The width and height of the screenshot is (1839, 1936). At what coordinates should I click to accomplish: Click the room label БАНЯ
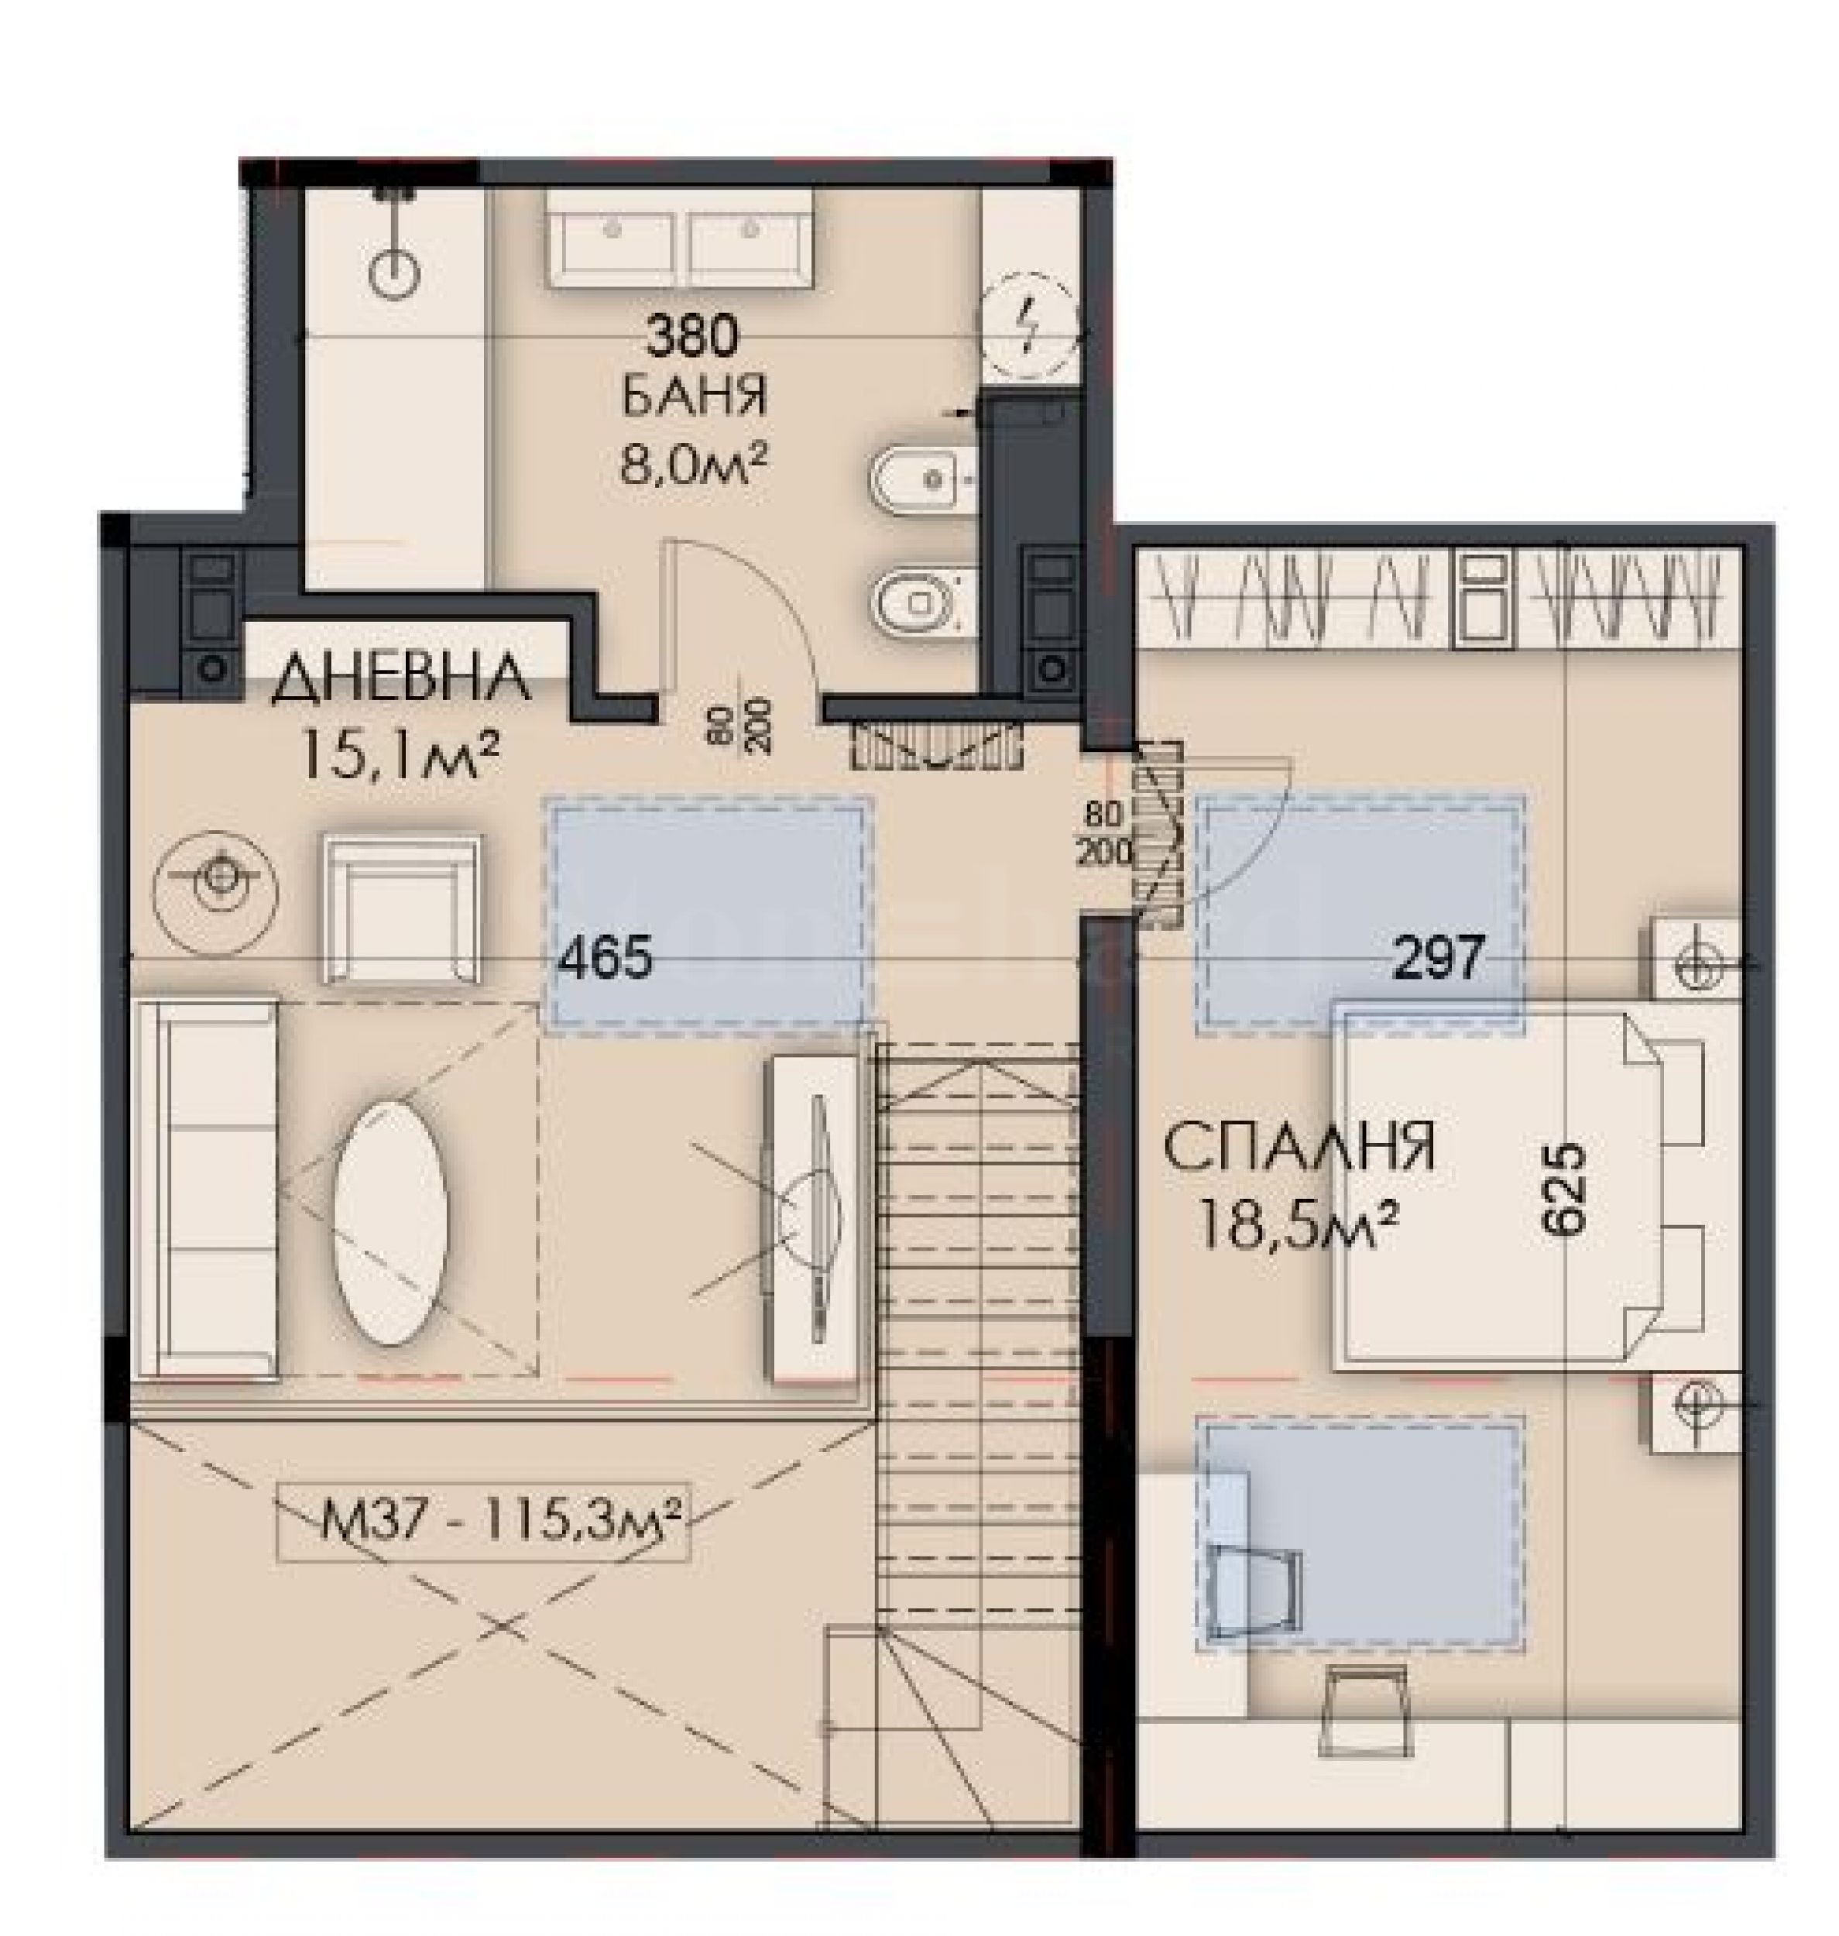pos(694,399)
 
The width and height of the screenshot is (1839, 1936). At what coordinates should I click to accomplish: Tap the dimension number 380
pos(692,338)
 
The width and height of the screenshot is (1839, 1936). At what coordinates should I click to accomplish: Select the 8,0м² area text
pos(692,462)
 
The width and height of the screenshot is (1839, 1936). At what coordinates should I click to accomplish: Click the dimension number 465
pos(604,956)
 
